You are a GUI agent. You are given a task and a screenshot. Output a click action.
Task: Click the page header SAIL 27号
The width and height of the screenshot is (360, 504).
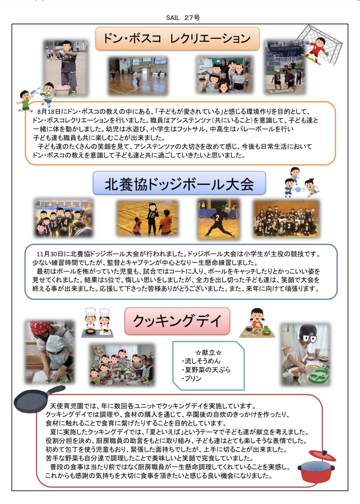pyautogui.click(x=183, y=18)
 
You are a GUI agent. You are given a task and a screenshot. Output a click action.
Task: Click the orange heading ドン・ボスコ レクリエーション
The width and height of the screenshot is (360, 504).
pyautogui.click(x=177, y=38)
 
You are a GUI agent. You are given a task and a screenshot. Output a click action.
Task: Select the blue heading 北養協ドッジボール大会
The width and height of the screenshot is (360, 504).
pyautogui.click(x=179, y=183)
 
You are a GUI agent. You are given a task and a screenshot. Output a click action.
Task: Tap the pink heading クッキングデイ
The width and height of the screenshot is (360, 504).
pyautogui.click(x=177, y=321)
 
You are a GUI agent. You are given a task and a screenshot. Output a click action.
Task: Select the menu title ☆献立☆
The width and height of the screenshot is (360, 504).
pyautogui.click(x=209, y=352)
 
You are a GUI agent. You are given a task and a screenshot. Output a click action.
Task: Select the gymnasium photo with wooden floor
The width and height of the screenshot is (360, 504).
pyautogui.click(x=138, y=76)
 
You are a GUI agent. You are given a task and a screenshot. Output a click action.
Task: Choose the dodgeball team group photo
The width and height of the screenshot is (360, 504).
pyautogui.click(x=286, y=219)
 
